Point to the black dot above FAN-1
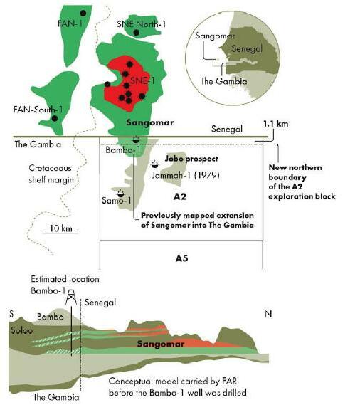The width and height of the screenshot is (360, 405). pos(84,13)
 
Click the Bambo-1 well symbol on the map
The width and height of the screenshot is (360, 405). pos(135,142)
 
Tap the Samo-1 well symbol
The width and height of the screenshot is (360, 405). pos(120,193)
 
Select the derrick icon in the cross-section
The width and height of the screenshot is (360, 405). pos(71,300)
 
